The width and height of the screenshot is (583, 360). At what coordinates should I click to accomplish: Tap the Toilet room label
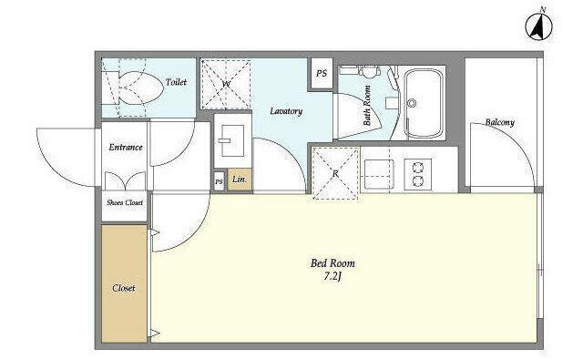(x=176, y=82)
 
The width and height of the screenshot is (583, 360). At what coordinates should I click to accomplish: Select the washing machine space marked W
(x=226, y=84)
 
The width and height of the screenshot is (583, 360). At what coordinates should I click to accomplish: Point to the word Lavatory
(x=286, y=111)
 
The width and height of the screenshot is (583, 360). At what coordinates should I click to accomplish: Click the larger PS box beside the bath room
(x=322, y=74)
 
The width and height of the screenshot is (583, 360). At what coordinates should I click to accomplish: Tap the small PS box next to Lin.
(x=219, y=182)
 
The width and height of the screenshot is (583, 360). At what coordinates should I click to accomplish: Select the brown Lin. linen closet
(x=240, y=180)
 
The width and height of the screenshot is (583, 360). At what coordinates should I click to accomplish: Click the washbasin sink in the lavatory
(x=232, y=141)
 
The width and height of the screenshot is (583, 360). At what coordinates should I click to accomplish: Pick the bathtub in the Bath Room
(x=424, y=103)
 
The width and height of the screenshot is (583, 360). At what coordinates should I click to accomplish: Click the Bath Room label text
(x=367, y=106)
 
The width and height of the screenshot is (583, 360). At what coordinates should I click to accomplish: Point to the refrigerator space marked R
(x=335, y=173)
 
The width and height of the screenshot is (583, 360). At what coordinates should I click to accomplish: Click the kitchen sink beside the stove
(x=379, y=174)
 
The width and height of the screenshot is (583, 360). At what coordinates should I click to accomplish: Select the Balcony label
(x=500, y=122)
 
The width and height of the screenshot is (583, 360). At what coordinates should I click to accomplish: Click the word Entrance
(x=126, y=148)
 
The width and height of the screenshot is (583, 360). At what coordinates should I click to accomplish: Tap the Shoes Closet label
(x=125, y=202)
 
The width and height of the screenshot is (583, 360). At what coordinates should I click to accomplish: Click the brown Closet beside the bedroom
(x=124, y=283)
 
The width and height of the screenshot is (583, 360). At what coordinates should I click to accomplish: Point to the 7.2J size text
(x=332, y=277)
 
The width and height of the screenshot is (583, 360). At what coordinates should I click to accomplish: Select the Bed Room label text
(x=332, y=263)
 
